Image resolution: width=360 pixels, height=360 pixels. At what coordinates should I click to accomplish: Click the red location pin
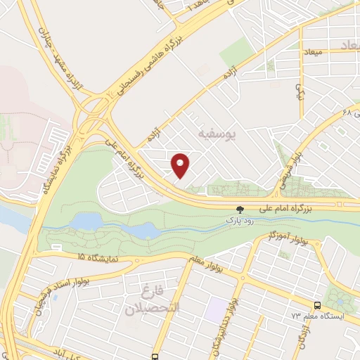181,166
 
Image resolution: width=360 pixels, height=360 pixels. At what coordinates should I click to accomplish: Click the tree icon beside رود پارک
240,209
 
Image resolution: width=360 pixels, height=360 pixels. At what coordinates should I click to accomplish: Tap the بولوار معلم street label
211,262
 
